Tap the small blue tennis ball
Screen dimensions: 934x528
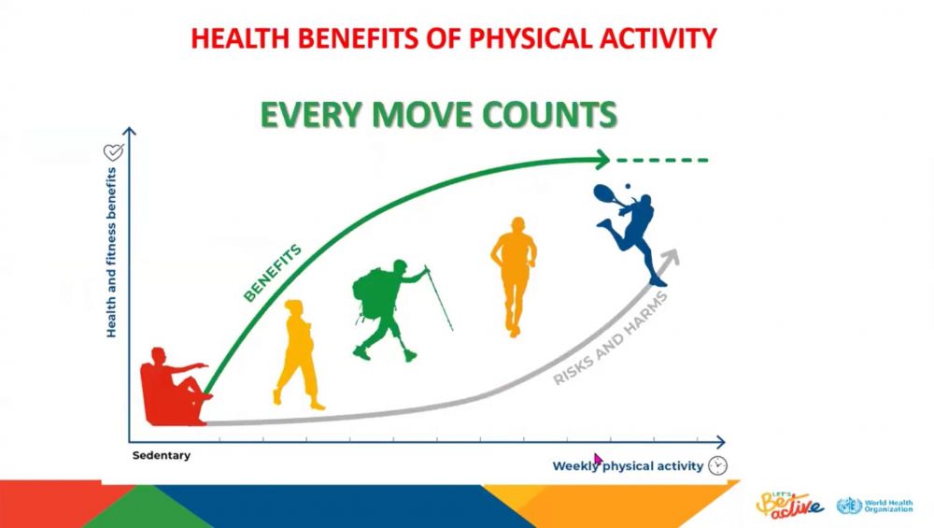[628, 187]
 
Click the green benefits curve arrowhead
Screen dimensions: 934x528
[601, 160]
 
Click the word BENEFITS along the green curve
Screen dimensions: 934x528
[273, 274]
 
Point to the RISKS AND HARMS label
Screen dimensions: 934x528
[611, 338]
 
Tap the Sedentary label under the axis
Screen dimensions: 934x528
[162, 455]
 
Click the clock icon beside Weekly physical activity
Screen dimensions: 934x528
[717, 465]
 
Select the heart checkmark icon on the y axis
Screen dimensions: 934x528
[113, 152]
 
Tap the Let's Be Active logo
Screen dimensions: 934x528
[790, 504]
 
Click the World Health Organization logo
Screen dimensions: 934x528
[874, 506]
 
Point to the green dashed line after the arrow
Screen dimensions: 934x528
[662, 160]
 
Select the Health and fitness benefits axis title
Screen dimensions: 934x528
[111, 252]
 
